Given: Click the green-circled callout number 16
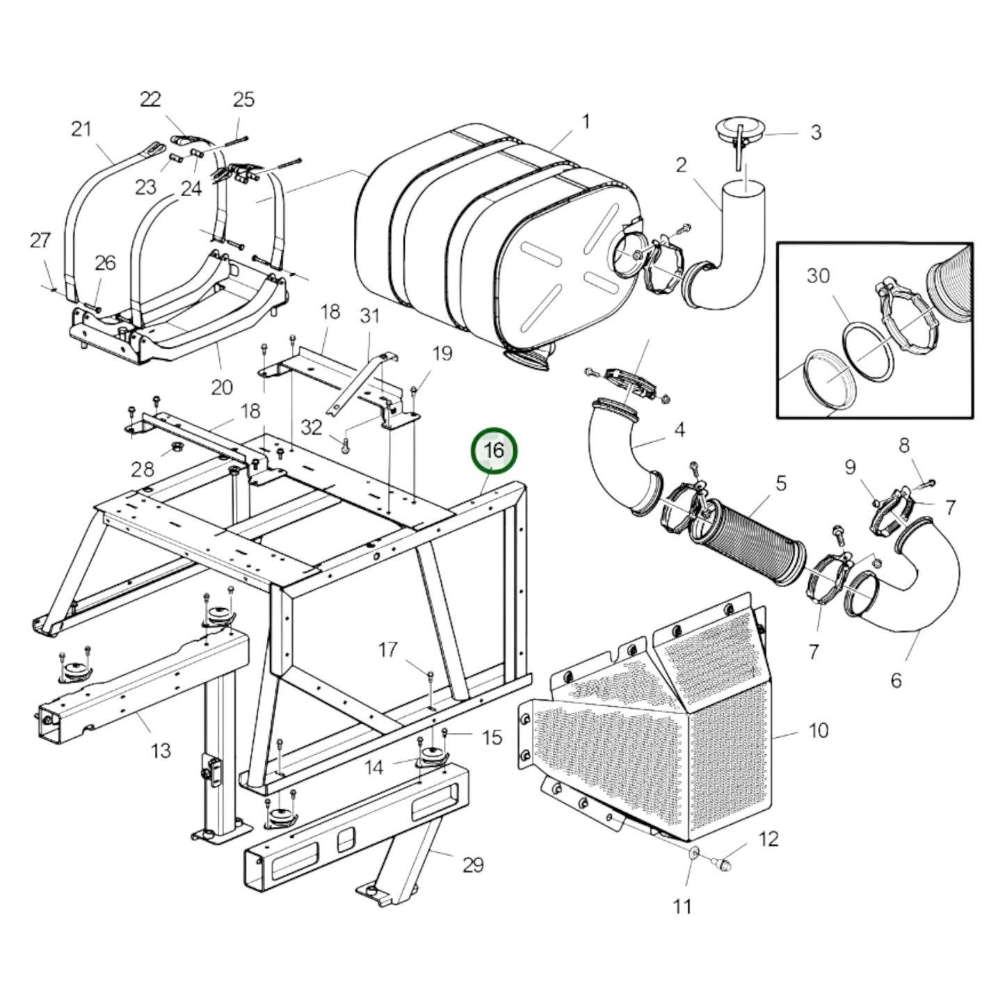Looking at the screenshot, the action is click(x=494, y=449).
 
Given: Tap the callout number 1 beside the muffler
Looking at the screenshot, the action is click(x=586, y=122).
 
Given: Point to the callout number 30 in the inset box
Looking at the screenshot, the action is click(x=819, y=276).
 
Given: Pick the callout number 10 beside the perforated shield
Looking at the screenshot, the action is click(x=818, y=731).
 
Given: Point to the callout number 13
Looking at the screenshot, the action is click(x=160, y=750).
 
